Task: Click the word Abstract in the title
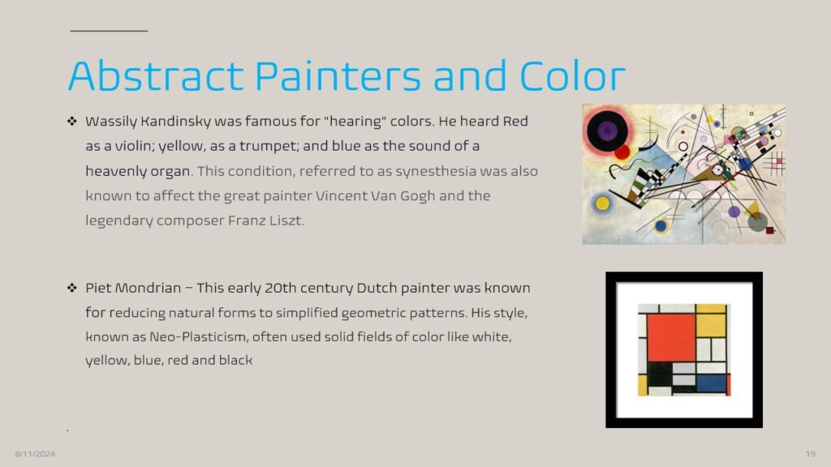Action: (156, 75)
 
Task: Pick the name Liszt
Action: (286, 221)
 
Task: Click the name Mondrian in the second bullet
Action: (149, 288)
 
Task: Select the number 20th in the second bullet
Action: (280, 288)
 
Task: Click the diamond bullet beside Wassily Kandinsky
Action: (72, 122)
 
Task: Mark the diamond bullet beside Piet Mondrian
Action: (72, 288)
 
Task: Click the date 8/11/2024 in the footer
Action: (35, 454)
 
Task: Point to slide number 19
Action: (811, 454)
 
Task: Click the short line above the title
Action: (109, 31)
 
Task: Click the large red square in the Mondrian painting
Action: (671, 337)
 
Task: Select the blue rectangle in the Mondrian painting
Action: (711, 383)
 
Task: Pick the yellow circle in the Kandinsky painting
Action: (603, 204)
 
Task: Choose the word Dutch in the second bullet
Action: (377, 288)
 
